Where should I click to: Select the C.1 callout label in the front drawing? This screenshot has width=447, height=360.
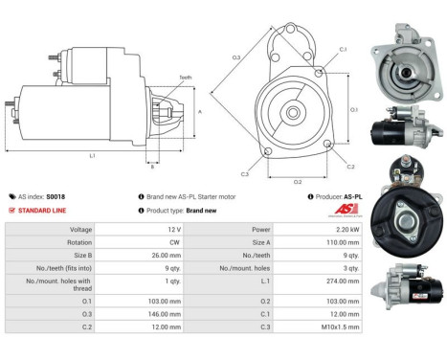tap(343, 48)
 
